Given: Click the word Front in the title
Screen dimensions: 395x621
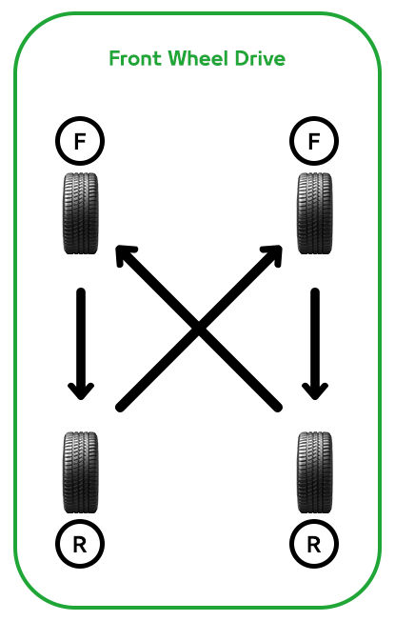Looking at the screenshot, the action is (x=135, y=59).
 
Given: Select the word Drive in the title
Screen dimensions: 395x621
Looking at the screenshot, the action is (x=260, y=59).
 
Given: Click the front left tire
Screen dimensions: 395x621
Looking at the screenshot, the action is (x=80, y=213).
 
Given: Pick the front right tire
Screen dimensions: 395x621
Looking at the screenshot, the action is (x=315, y=213).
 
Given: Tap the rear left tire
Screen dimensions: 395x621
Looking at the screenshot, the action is (x=80, y=472).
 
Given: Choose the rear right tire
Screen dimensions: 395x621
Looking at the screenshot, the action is (x=315, y=472).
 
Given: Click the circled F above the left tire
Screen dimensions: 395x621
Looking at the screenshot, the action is (x=80, y=141).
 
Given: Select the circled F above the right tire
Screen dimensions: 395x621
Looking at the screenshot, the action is (x=314, y=141).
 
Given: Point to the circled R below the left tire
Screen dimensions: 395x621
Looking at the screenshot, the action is (x=80, y=544).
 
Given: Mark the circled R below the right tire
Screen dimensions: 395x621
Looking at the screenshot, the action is (x=314, y=544).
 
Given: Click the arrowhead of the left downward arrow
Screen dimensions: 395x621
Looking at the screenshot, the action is (x=81, y=391).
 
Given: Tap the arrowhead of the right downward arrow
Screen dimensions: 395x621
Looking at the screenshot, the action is (x=315, y=391).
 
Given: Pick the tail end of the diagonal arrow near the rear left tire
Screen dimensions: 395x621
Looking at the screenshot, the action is (x=120, y=407).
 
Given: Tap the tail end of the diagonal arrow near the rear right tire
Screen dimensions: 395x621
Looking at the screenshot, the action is (x=278, y=407).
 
